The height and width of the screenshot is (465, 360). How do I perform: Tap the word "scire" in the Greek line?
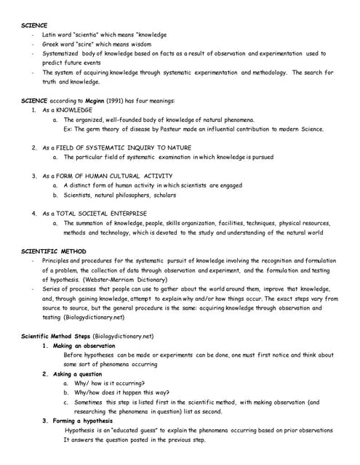coord(87,44)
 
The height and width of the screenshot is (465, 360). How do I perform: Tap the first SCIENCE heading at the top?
coord(34,25)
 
